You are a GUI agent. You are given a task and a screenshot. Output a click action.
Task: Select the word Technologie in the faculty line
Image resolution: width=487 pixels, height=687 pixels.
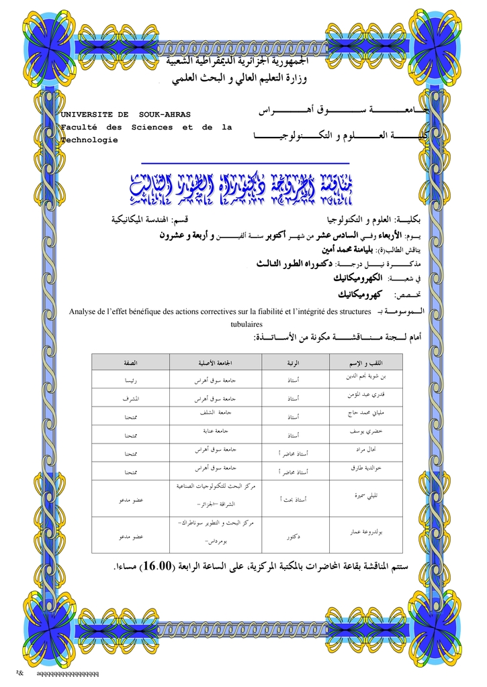point(89,140)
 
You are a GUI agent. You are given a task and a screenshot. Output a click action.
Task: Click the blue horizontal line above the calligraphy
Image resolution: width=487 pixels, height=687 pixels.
point(246,163)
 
